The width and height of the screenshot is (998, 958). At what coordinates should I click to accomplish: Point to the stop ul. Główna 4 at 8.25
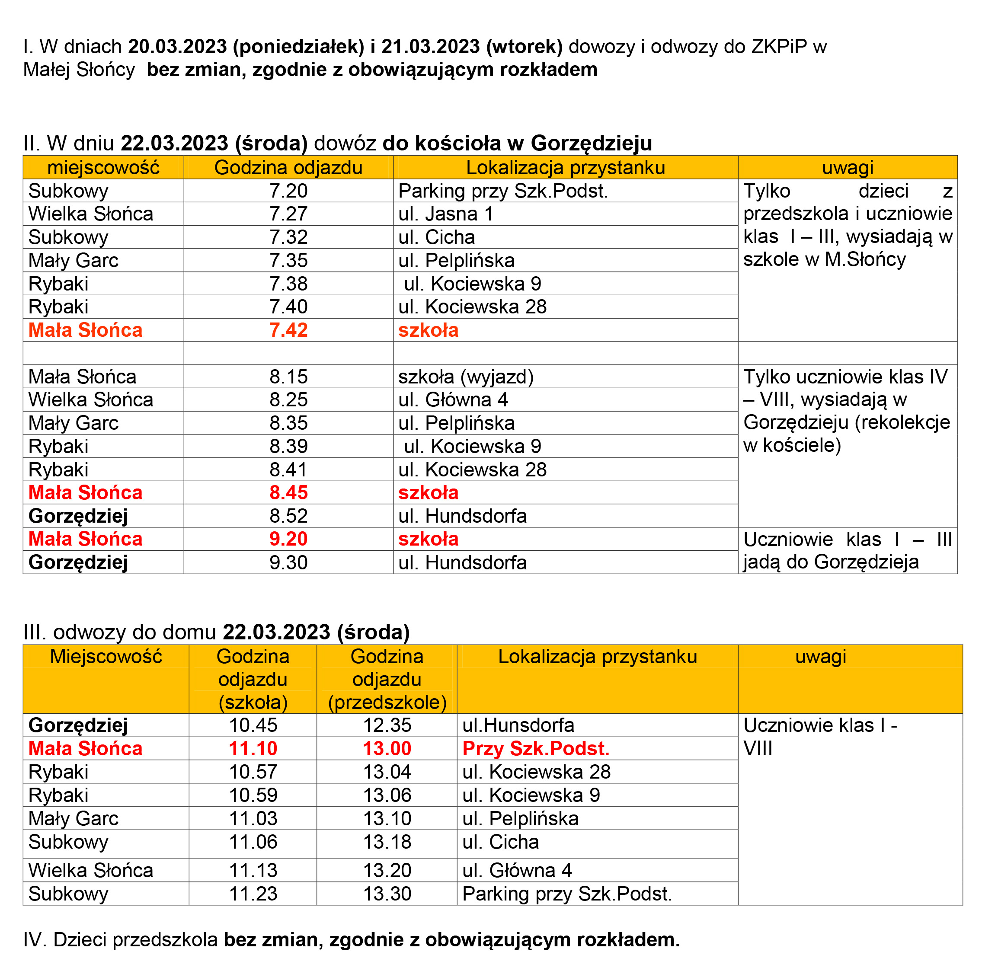[x=453, y=399]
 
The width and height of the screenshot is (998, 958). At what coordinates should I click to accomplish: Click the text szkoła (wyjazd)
[x=465, y=377]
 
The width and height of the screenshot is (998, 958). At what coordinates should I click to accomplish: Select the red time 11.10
[x=253, y=749]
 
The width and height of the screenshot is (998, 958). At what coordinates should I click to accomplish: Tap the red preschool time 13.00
[x=387, y=749]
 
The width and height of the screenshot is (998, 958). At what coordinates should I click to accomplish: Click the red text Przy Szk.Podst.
[x=536, y=749]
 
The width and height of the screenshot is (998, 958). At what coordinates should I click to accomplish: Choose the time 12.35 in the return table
[x=387, y=725]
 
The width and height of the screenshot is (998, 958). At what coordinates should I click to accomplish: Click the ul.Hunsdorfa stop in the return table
[x=518, y=725]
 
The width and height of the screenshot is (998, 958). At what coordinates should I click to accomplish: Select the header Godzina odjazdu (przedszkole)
[x=387, y=679]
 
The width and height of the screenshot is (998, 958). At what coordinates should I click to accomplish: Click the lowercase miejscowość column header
[x=103, y=167]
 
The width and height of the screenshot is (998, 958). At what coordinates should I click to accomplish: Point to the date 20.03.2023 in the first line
[x=177, y=47]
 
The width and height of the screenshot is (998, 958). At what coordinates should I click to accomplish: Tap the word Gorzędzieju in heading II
[x=591, y=144]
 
